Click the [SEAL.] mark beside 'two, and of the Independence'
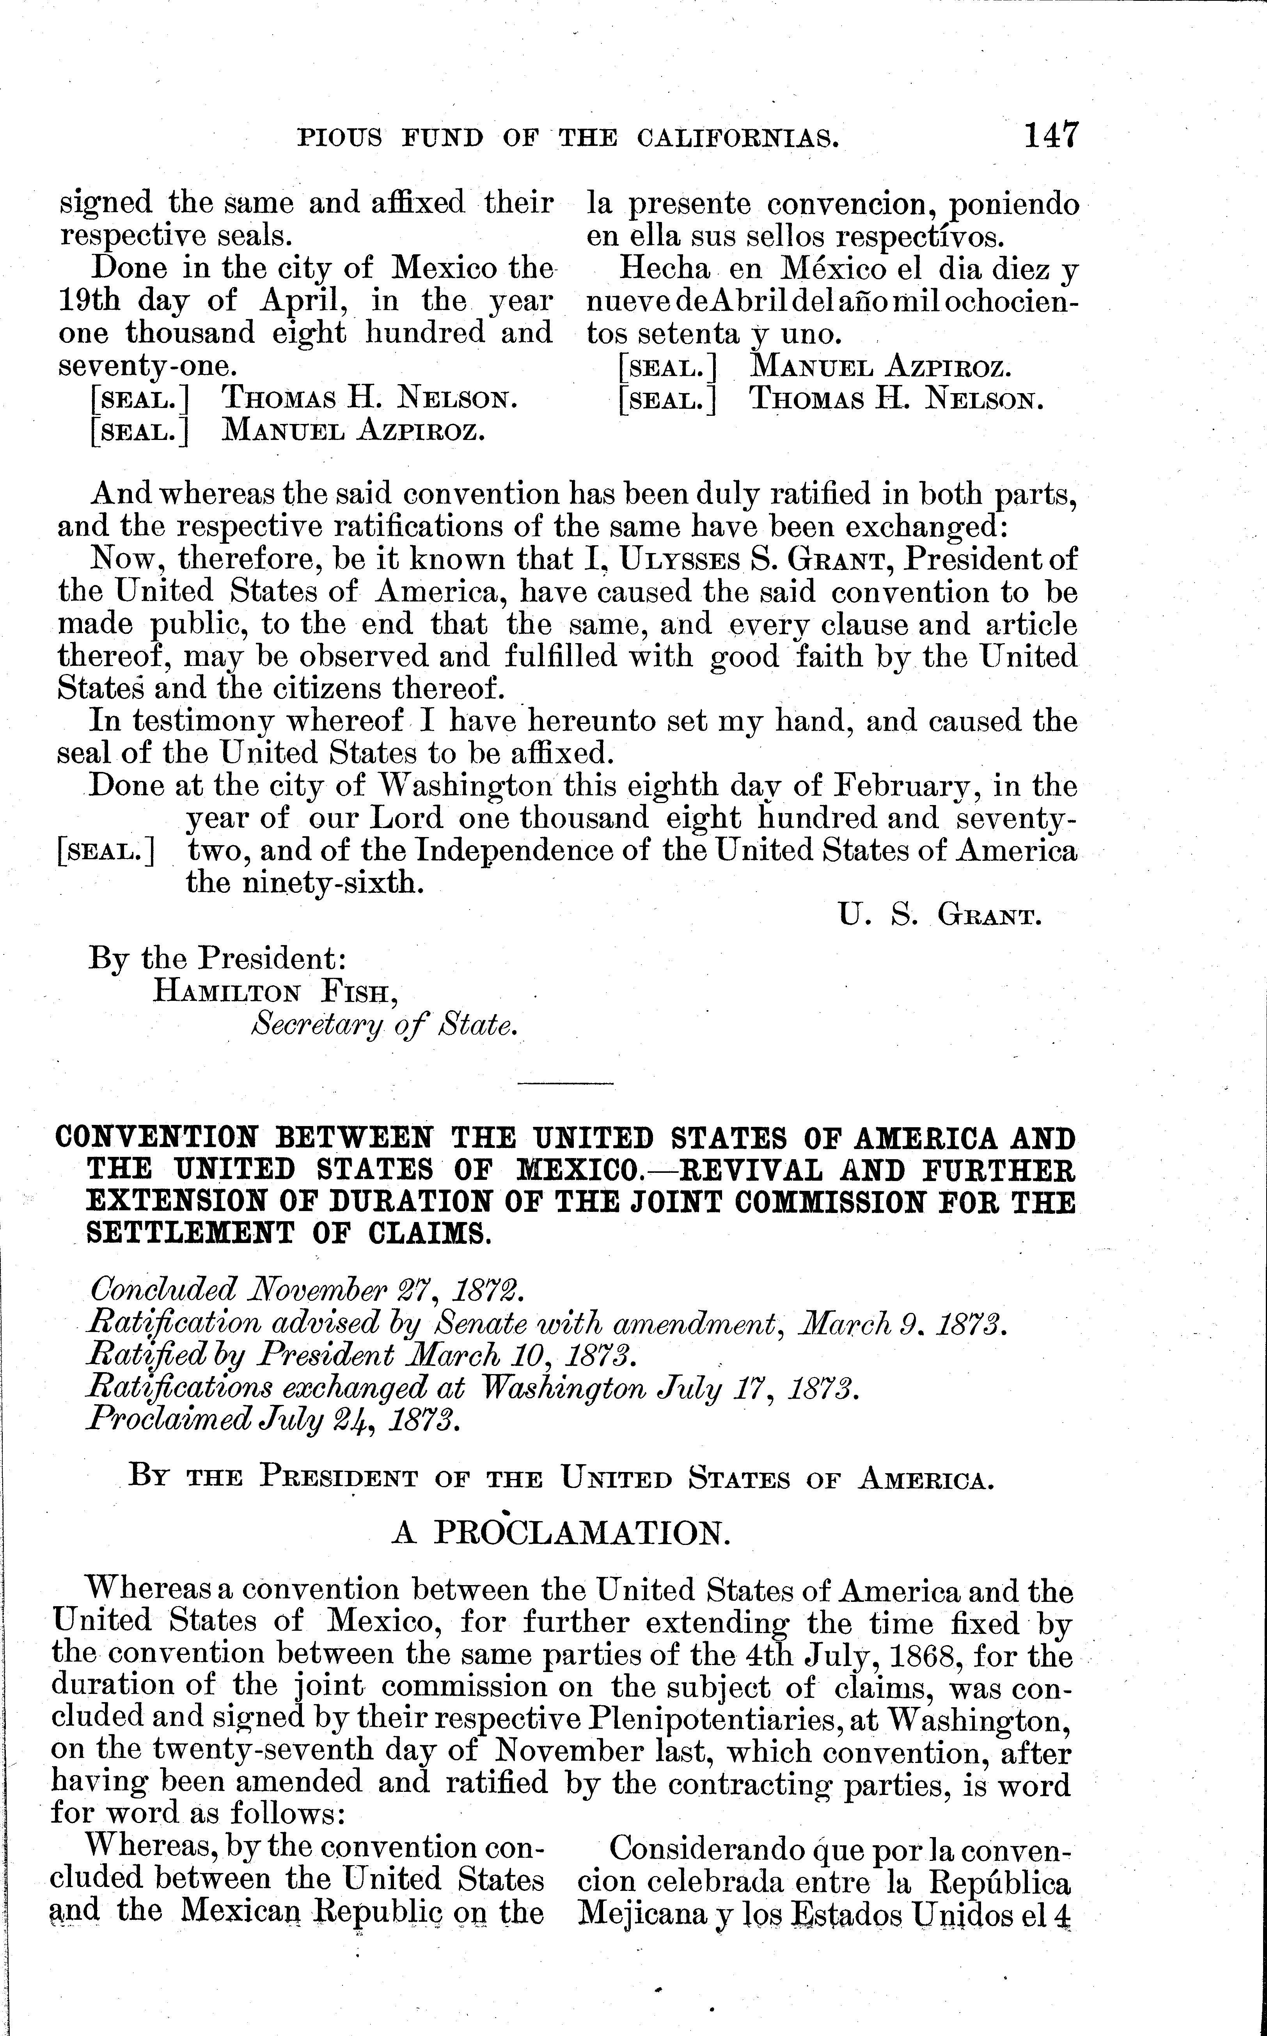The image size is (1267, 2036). (106, 852)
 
